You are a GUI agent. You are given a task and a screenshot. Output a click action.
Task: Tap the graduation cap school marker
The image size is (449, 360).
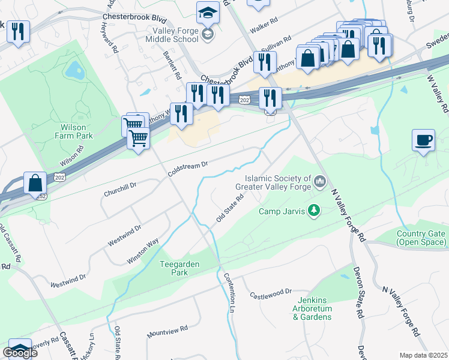tap(208, 13)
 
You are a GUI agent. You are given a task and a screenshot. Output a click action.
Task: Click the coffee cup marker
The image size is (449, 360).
tap(424, 140)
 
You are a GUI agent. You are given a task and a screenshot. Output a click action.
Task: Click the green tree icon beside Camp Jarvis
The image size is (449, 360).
tap(313, 210)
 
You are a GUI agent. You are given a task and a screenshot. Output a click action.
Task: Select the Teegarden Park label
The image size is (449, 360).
tap(179, 268)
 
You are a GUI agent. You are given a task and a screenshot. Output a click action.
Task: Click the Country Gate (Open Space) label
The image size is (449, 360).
tap(421, 238)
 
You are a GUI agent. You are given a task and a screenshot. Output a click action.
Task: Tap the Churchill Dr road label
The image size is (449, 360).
tap(120, 189)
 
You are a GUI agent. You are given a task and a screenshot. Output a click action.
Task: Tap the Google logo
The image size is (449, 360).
tap(20, 353)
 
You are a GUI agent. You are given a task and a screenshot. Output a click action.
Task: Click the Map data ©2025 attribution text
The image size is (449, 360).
tap(423, 355)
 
